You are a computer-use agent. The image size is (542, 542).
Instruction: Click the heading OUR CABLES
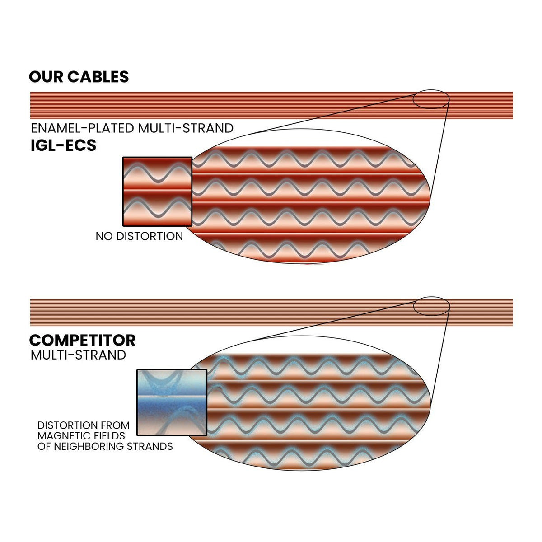tap(79, 76)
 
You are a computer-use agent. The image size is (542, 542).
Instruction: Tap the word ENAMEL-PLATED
tap(82, 128)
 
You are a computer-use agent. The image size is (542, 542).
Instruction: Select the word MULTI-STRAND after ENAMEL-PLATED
tap(186, 128)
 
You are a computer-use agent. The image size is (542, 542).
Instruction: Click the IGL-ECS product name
tap(63, 145)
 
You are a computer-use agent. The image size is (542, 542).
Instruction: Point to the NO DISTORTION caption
tap(139, 236)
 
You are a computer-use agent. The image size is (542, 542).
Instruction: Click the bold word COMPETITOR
tap(82, 341)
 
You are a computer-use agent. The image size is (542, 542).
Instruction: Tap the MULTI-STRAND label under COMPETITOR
tap(78, 355)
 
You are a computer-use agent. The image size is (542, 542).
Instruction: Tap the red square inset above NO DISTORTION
tap(158, 192)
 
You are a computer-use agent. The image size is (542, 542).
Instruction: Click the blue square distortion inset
tap(172, 402)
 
